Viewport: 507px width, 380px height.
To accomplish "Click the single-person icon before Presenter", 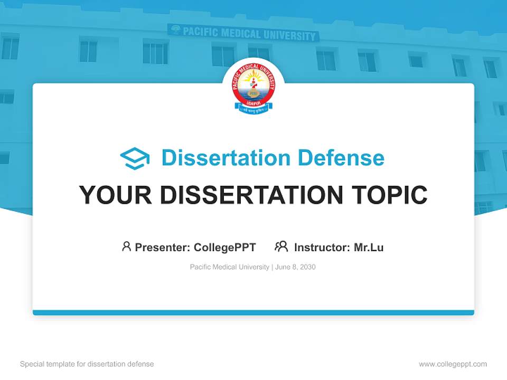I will point(126,246).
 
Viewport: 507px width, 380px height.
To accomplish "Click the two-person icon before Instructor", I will point(281,246).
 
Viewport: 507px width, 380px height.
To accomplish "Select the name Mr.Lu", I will point(369,247).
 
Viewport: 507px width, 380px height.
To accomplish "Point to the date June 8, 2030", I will point(295,267).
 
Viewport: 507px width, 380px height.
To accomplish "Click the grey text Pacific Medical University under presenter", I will point(229,267).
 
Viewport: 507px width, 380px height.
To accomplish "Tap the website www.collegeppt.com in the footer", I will point(453,364).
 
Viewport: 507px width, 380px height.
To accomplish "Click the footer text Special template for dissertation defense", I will point(87,364).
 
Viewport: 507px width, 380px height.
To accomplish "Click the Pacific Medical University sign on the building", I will point(244,33).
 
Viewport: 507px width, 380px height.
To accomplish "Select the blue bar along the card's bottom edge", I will point(253,312).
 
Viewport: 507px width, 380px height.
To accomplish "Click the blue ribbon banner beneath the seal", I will point(253,109).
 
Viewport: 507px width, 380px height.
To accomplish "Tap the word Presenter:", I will point(162,247).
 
